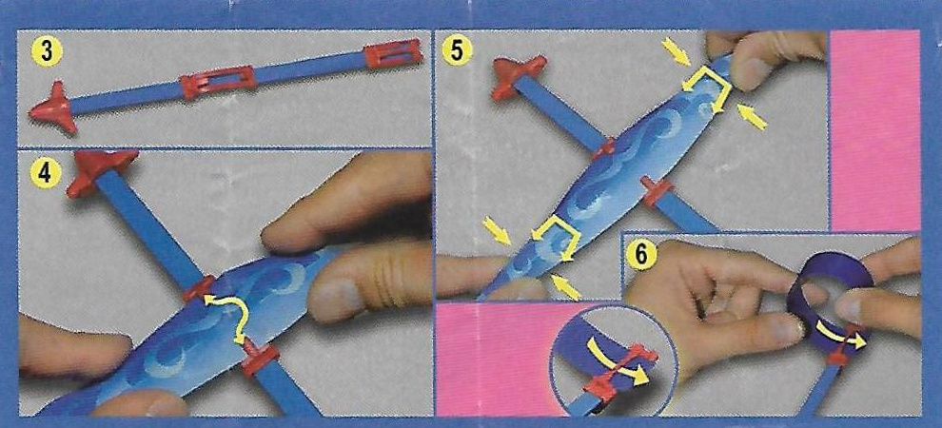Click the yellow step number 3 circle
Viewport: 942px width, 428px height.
(x=47, y=53)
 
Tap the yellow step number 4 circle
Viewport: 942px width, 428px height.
(x=43, y=172)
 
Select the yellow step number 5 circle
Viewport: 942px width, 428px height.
(x=457, y=49)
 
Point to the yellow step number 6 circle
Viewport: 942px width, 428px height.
(x=641, y=252)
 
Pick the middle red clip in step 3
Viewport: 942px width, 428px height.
(x=218, y=82)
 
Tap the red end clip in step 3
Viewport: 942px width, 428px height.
(x=394, y=54)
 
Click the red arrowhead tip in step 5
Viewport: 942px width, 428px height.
(x=517, y=76)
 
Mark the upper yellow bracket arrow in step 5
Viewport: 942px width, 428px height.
(x=709, y=88)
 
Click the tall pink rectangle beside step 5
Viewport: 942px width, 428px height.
(x=874, y=130)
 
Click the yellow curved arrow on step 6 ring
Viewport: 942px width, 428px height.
(x=840, y=334)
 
